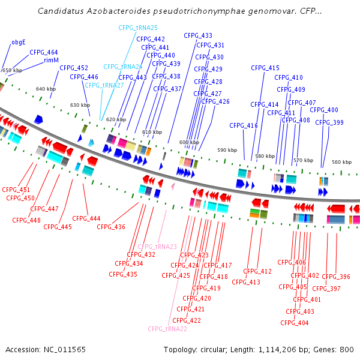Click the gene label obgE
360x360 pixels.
(x=19, y=43)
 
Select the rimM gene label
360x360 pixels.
(x=51, y=61)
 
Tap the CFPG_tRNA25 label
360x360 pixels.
(x=138, y=28)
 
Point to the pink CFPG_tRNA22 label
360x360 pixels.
(x=168, y=329)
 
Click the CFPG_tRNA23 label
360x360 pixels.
(x=157, y=247)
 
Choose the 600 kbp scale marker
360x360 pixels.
(x=189, y=142)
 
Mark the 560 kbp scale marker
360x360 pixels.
(x=341, y=163)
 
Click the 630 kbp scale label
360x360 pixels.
(x=80, y=106)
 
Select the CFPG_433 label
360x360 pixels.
(x=198, y=36)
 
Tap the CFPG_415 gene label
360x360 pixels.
(x=265, y=68)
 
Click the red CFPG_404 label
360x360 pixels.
(x=295, y=323)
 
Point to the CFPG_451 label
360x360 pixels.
(x=16, y=190)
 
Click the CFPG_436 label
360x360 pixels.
(x=111, y=227)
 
